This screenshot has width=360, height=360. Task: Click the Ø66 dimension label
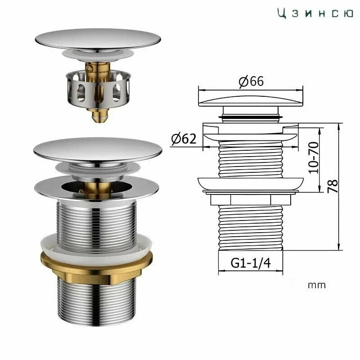pos(251,81)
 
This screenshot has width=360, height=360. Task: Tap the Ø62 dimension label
pos(184,139)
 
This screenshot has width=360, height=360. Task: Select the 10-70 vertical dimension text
pos(314,157)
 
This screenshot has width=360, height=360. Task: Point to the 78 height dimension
pos(333,186)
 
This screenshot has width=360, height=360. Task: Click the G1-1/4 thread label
pos(251,263)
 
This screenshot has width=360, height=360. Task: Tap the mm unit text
pos(317,285)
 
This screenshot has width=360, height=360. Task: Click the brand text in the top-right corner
pos(315,13)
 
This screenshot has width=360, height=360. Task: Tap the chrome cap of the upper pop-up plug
pos(98,39)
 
